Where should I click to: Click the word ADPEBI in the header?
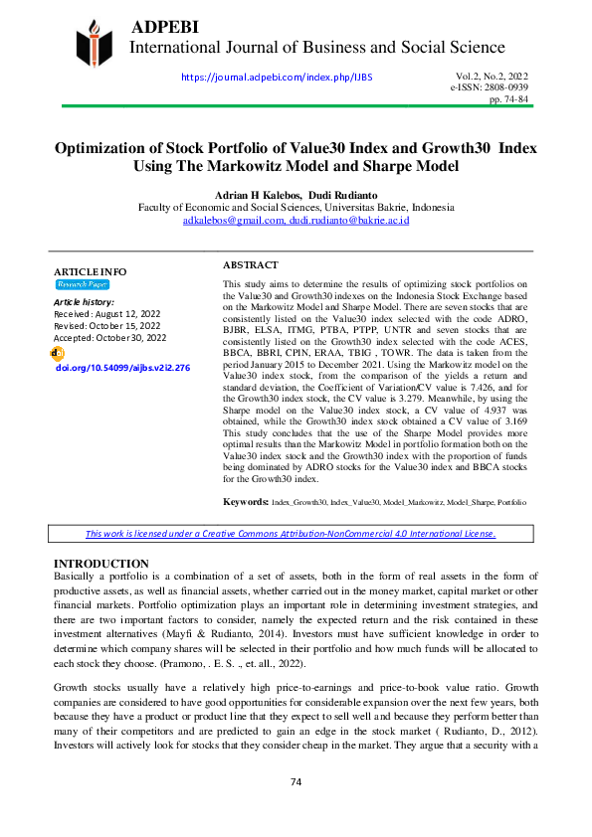click(164, 24)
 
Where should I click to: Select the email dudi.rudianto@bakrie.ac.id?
click(348, 221)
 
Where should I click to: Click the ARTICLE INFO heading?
click(90, 271)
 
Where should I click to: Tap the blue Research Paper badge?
click(83, 284)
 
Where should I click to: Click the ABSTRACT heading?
click(250, 265)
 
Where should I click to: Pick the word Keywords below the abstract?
click(245, 503)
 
